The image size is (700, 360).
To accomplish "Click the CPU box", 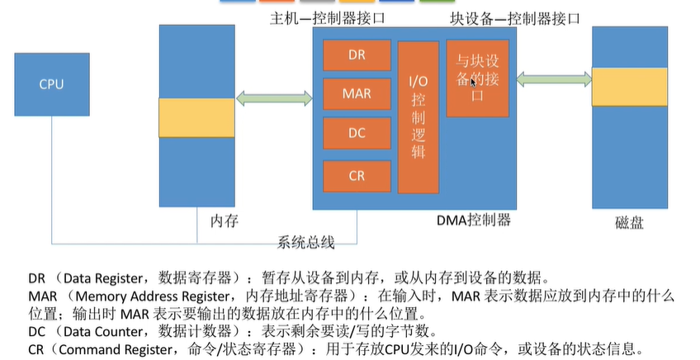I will tap(50, 84).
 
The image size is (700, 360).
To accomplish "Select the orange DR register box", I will tap(357, 54).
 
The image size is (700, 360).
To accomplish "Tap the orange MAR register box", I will tap(357, 94).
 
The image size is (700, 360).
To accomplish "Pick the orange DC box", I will tap(357, 134).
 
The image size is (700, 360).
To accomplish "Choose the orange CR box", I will tap(357, 175).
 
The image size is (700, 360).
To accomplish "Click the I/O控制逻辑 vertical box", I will tap(418, 116).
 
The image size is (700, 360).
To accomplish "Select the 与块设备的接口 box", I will tap(477, 78).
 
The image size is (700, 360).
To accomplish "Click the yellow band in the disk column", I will tap(629, 88).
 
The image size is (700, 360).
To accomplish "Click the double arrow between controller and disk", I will tap(550, 78).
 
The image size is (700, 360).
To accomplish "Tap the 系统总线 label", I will tap(306, 242).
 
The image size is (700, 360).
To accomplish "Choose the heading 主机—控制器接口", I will tap(328, 17).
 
